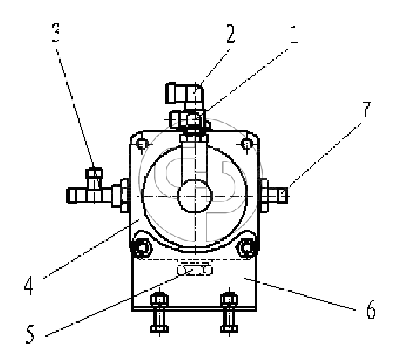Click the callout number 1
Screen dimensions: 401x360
pyautogui.click(x=294, y=34)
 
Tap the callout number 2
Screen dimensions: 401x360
pyautogui.click(x=231, y=34)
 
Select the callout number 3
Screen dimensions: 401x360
pyautogui.click(x=56, y=33)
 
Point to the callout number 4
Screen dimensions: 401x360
pyautogui.click(x=29, y=286)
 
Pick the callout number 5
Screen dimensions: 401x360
pyautogui.click(x=30, y=334)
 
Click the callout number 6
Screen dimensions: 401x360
pyautogui.click(x=371, y=309)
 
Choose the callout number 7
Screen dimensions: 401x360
pyautogui.click(x=366, y=109)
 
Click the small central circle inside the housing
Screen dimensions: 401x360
pyautogui.click(x=195, y=196)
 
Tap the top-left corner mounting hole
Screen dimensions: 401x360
pyautogui.click(x=142, y=144)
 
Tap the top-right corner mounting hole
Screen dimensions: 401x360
pyautogui.click(x=247, y=144)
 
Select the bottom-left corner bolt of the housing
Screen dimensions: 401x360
pyautogui.click(x=142, y=248)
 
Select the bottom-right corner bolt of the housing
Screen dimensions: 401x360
pyautogui.click(x=246, y=248)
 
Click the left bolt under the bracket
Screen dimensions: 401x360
pyautogui.click(x=159, y=313)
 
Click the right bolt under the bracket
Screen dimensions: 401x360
pyautogui.click(x=229, y=313)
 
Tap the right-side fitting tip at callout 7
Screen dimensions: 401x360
pyautogui.click(x=283, y=195)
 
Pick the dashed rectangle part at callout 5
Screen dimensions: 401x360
pyautogui.click(x=195, y=269)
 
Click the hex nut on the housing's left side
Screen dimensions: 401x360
pyautogui.click(x=124, y=195)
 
